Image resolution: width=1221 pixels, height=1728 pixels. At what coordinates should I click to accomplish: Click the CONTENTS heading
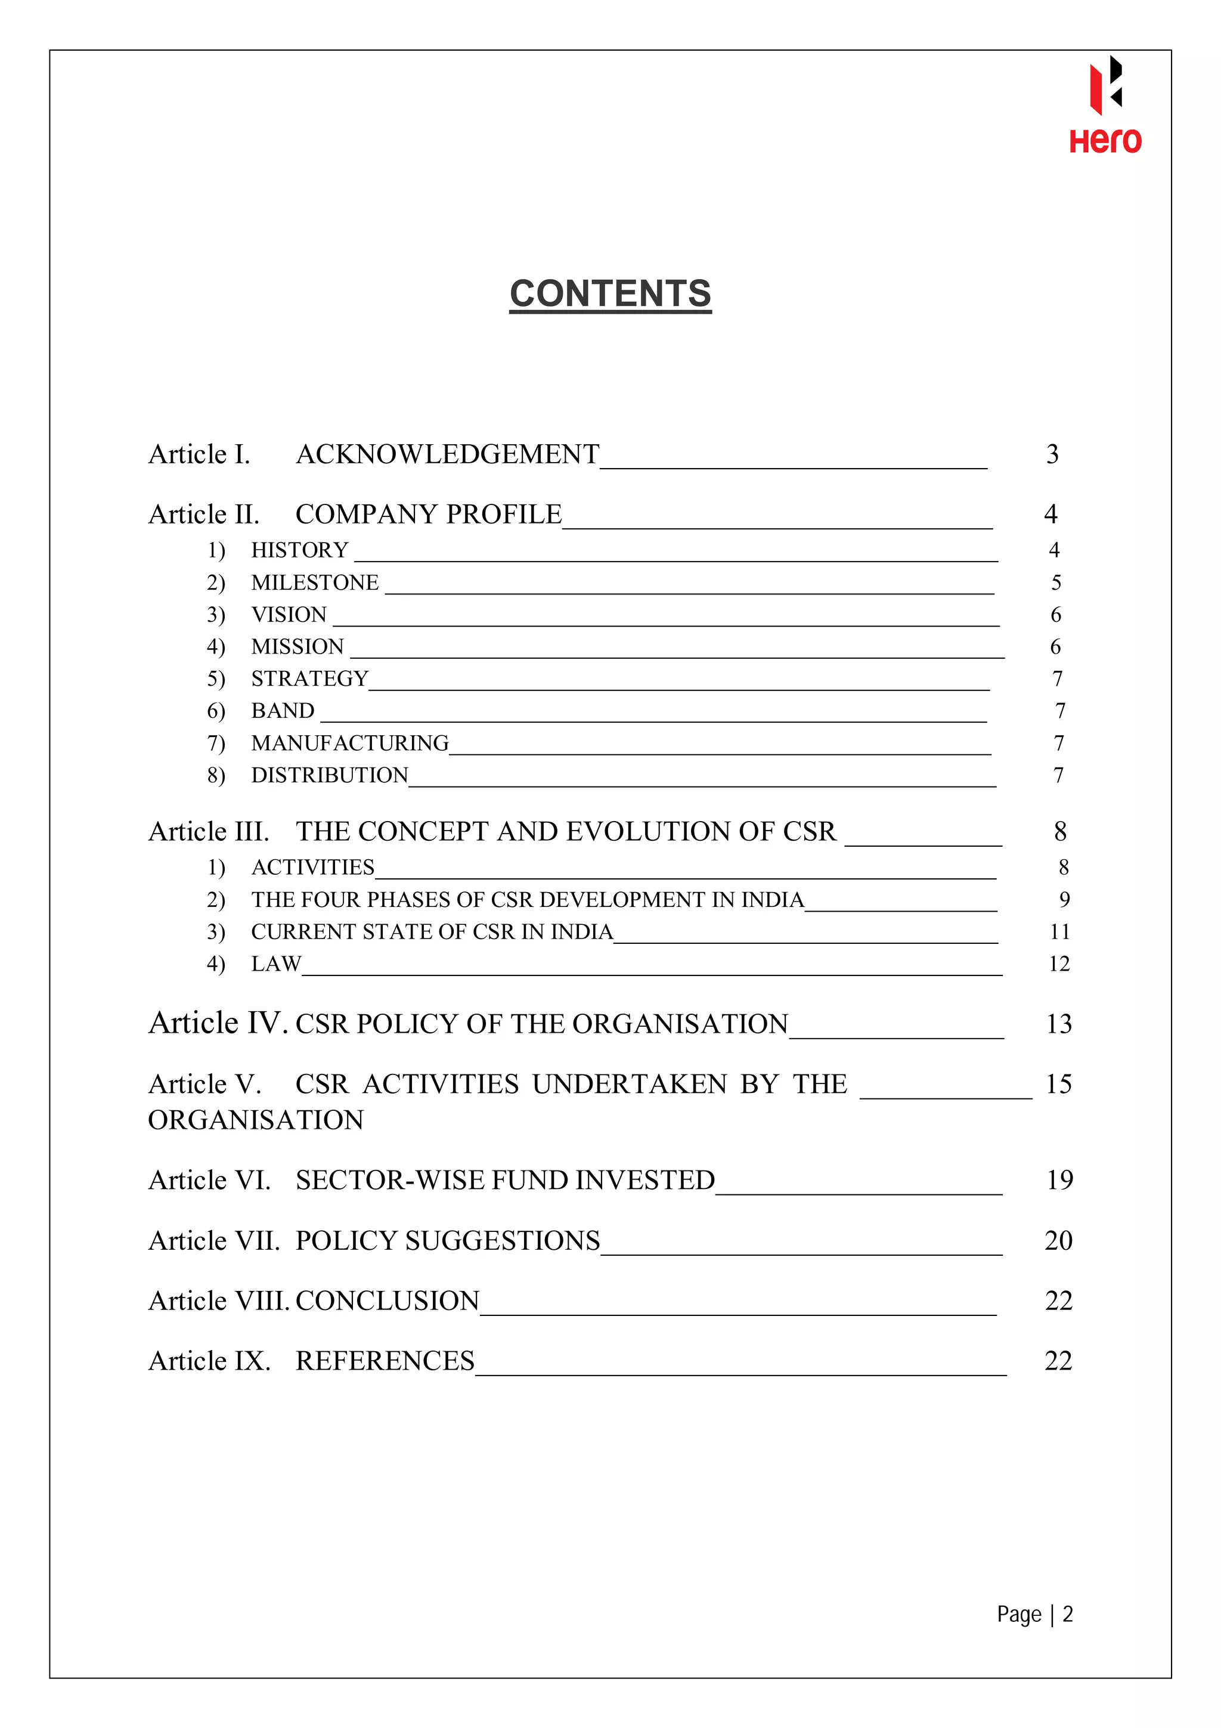610,293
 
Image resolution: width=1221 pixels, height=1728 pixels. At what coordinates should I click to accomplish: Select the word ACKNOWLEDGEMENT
448,454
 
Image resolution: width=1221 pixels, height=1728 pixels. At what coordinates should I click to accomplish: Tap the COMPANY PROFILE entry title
428,515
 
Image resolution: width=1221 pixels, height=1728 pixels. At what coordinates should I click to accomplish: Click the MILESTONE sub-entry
314,583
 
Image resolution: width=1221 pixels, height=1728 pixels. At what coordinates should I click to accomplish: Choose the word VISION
289,615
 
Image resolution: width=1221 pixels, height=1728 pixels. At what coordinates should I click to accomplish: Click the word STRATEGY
309,679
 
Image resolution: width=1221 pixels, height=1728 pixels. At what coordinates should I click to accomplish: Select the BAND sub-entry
283,711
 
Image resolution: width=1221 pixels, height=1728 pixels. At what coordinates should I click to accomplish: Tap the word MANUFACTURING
350,743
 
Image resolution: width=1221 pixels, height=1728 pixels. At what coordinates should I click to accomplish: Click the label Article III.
209,832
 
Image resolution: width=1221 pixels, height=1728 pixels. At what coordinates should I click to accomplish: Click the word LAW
276,964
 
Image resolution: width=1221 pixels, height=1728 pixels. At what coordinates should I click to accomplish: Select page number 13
1058,1024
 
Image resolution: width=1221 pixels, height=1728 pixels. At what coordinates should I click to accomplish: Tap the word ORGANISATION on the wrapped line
256,1120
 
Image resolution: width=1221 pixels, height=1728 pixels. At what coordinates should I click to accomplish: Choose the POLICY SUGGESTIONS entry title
448,1240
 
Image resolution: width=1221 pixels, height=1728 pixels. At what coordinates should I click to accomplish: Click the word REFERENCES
385,1361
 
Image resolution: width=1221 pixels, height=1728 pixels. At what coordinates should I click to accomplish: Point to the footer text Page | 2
1034,1614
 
